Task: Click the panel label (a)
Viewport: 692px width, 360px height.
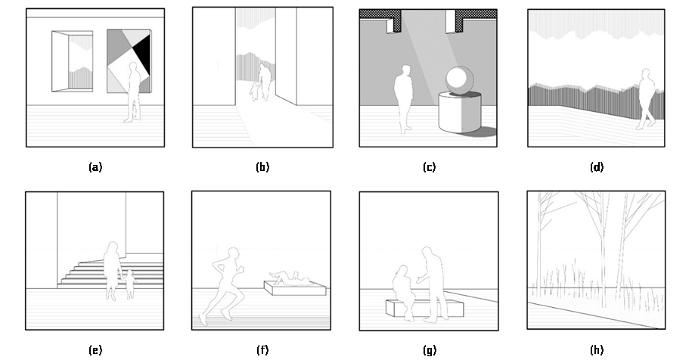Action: [x=95, y=167]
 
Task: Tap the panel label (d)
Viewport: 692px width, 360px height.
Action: [x=597, y=167]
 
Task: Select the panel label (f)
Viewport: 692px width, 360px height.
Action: [x=262, y=350]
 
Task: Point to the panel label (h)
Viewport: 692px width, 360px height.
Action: [x=597, y=350]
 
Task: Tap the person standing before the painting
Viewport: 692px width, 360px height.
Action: [x=134, y=92]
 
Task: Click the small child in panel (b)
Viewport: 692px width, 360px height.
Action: [x=254, y=92]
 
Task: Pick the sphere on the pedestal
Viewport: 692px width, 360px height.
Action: [x=460, y=79]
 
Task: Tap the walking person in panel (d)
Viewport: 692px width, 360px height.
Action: [x=647, y=99]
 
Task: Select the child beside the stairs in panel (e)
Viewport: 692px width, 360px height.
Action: [x=130, y=284]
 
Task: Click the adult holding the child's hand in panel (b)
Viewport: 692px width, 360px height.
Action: [x=265, y=82]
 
